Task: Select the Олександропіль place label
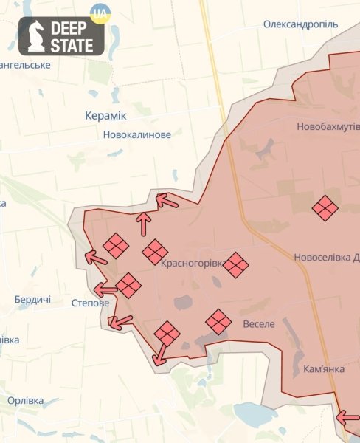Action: coord(300,24)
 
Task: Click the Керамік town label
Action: coord(105,116)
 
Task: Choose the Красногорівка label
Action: coord(189,262)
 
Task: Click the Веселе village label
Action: coord(258,323)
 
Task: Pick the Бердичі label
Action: coord(32,300)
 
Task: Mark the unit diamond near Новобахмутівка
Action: coord(325,208)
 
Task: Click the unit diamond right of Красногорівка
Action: coord(235,265)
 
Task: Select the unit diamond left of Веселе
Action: coord(218,321)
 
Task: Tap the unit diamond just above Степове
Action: coord(128,285)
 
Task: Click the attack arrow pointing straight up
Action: coord(144,222)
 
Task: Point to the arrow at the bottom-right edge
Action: coord(347,418)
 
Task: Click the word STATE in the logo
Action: coord(71,46)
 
